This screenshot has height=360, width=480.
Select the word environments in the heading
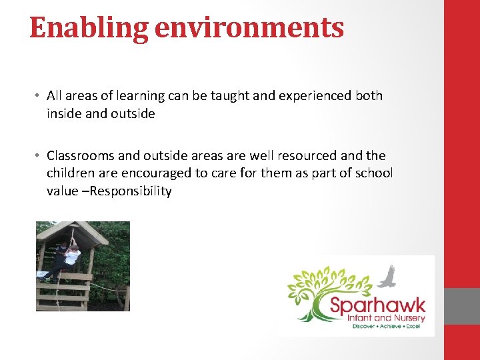[250, 28]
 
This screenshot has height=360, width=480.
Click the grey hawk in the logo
[388, 275]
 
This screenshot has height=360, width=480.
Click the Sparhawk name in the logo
[378, 309]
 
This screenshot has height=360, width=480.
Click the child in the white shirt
[71, 256]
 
